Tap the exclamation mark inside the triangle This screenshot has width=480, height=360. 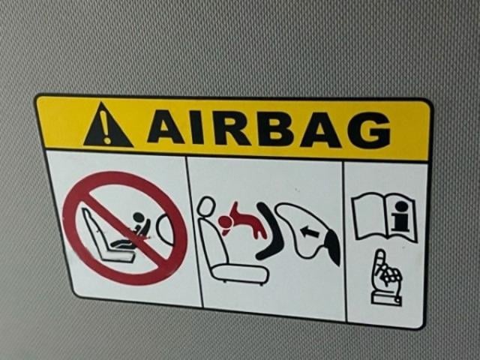[106, 127]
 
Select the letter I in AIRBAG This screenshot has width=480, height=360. [197, 127]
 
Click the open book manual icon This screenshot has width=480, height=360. [385, 217]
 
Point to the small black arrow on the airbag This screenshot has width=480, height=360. [310, 232]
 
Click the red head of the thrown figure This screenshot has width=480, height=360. [226, 222]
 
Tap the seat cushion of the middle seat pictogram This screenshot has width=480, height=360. [240, 273]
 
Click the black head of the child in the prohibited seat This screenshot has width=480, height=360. [138, 217]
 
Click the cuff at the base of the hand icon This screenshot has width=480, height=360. [386, 298]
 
